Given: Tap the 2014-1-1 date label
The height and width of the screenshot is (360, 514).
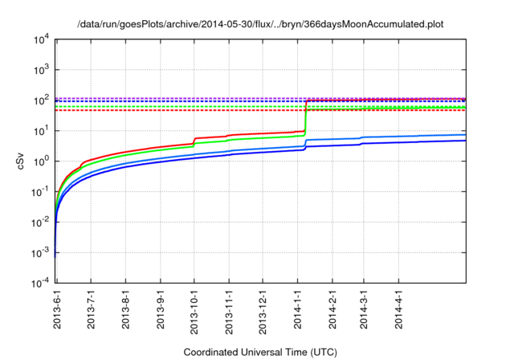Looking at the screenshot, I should point(296,309).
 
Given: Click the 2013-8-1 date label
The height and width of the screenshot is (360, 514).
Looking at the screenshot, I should point(126,309).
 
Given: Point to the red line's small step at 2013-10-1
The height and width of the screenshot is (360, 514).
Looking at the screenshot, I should point(194,141).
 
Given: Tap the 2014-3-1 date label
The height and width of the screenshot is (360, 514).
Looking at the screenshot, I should point(363,309).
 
